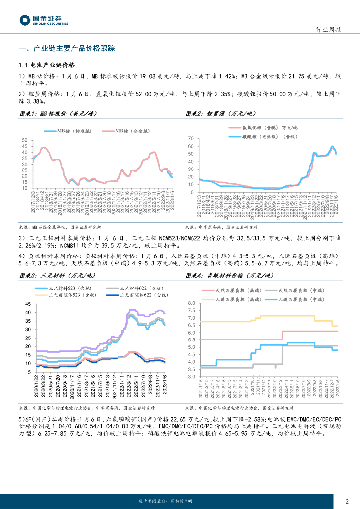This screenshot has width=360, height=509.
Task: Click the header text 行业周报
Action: (x=328, y=30)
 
